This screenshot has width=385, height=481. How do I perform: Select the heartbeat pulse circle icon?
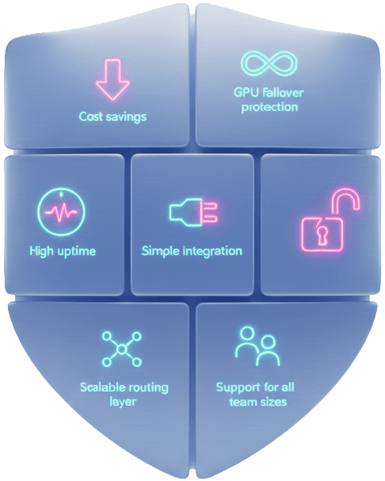click(x=61, y=212)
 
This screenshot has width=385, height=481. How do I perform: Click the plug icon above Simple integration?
click(x=193, y=212)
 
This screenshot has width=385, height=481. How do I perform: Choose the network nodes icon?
click(x=122, y=349)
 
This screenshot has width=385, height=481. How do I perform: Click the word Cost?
click(x=90, y=116)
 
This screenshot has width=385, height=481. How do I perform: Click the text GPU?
click(x=246, y=92)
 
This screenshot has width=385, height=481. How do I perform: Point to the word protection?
click(x=269, y=108)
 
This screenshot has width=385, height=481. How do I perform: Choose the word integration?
click(x=212, y=252)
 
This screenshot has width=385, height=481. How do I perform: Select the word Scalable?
click(x=102, y=387)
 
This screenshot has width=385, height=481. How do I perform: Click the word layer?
click(x=123, y=402)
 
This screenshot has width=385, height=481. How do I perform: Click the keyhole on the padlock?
click(x=322, y=234)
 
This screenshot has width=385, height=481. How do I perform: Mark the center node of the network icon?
click(x=122, y=349)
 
